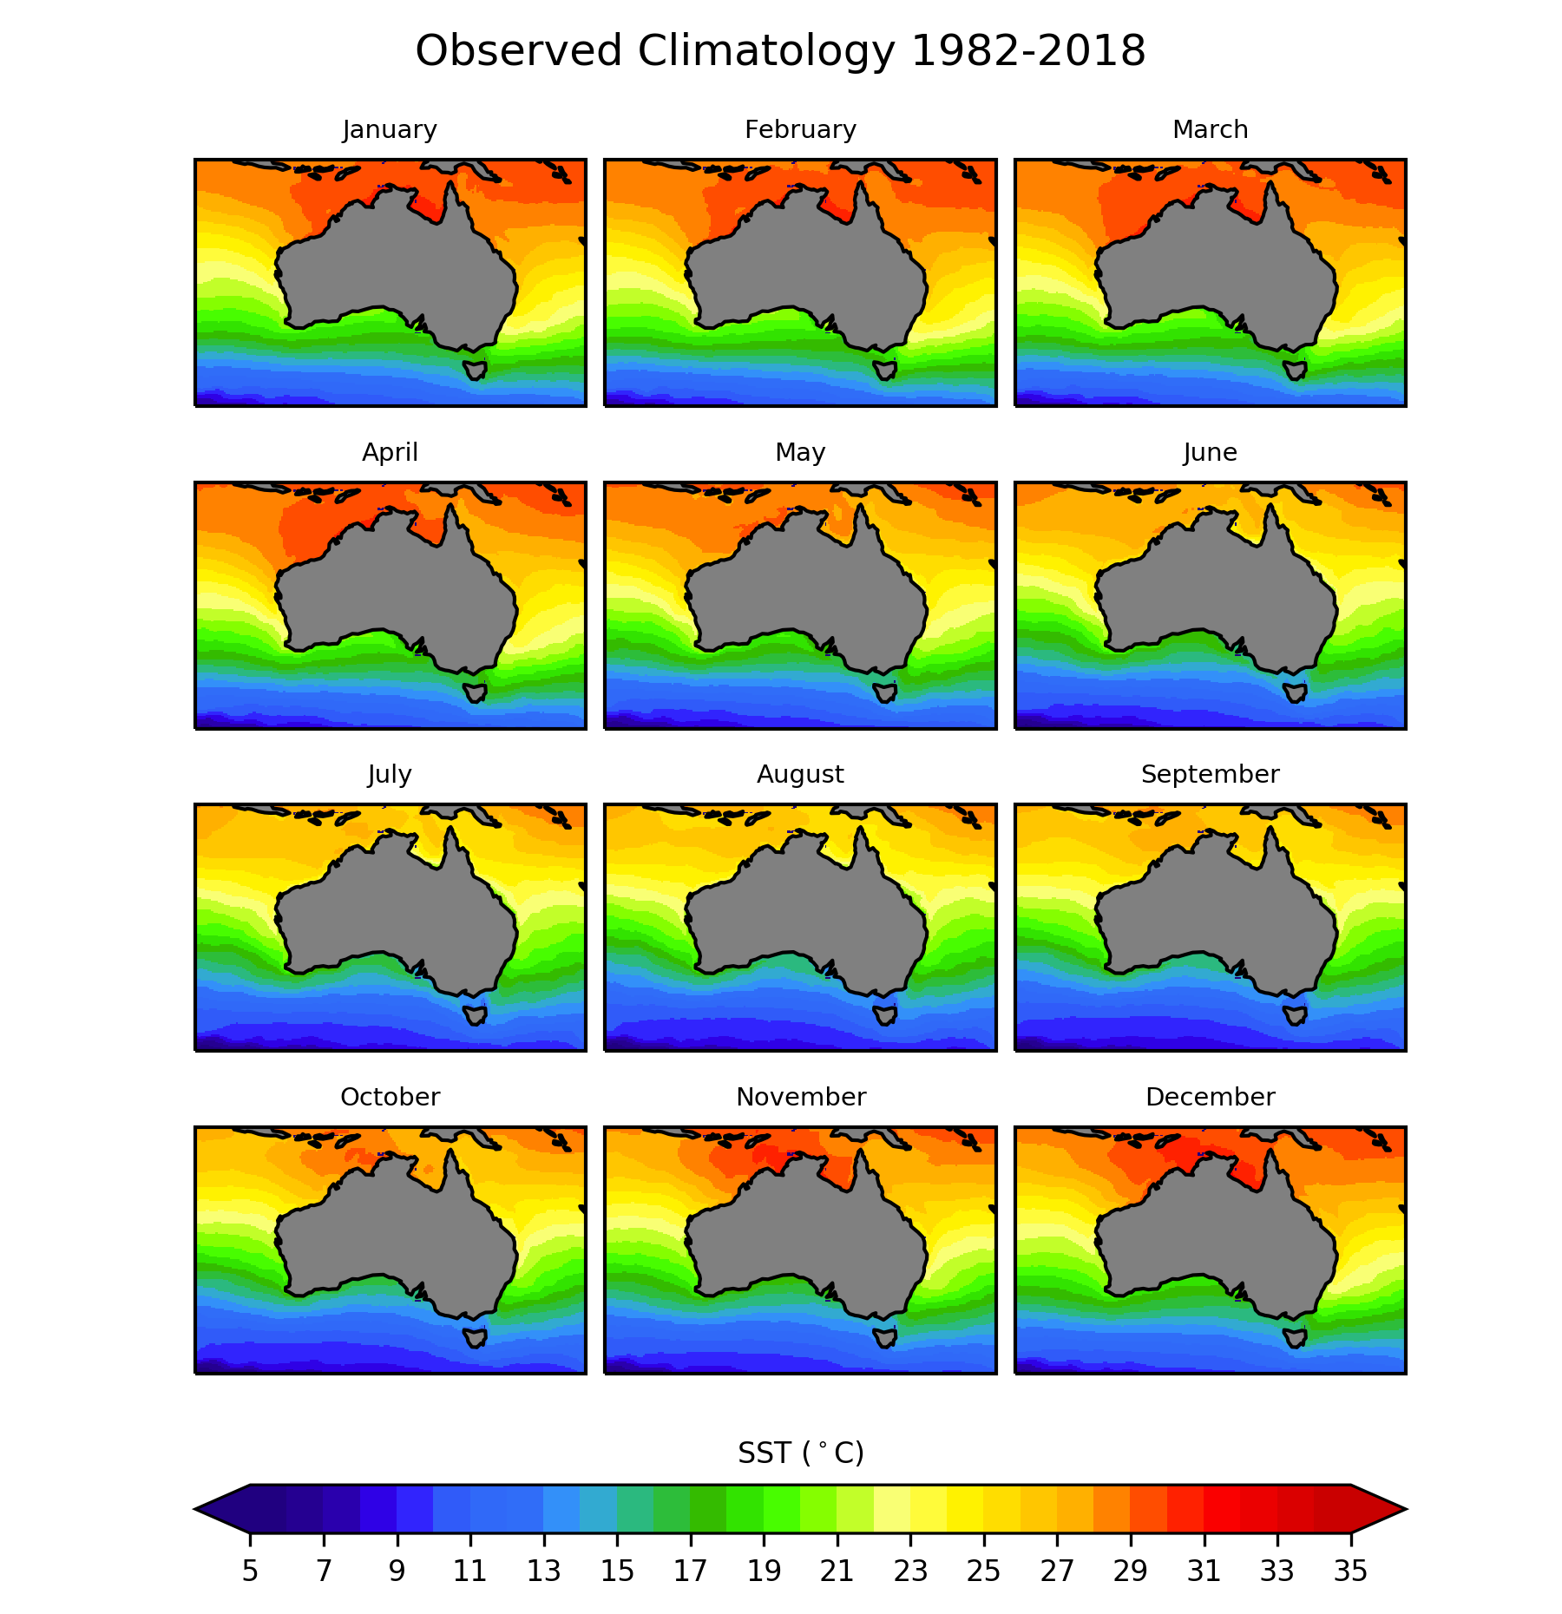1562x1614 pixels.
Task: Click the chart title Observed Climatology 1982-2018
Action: [780, 51]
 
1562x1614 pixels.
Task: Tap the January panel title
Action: [390, 130]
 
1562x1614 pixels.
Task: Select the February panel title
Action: [800, 130]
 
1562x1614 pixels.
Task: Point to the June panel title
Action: [1210, 453]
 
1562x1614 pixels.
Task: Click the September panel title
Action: [1210, 775]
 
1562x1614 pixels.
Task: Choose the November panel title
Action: [800, 1098]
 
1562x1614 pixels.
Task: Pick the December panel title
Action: [1210, 1098]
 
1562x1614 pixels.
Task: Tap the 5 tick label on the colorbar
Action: [250, 1571]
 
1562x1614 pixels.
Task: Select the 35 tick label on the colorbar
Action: [1350, 1571]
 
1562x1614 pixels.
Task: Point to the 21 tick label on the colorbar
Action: [837, 1571]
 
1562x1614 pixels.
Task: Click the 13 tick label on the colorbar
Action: [543, 1571]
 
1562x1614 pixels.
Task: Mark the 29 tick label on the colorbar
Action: [1130, 1571]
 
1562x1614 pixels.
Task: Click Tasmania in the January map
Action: [476, 371]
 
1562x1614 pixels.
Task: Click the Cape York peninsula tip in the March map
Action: [1270, 187]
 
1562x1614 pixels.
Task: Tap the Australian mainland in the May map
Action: [807, 590]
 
